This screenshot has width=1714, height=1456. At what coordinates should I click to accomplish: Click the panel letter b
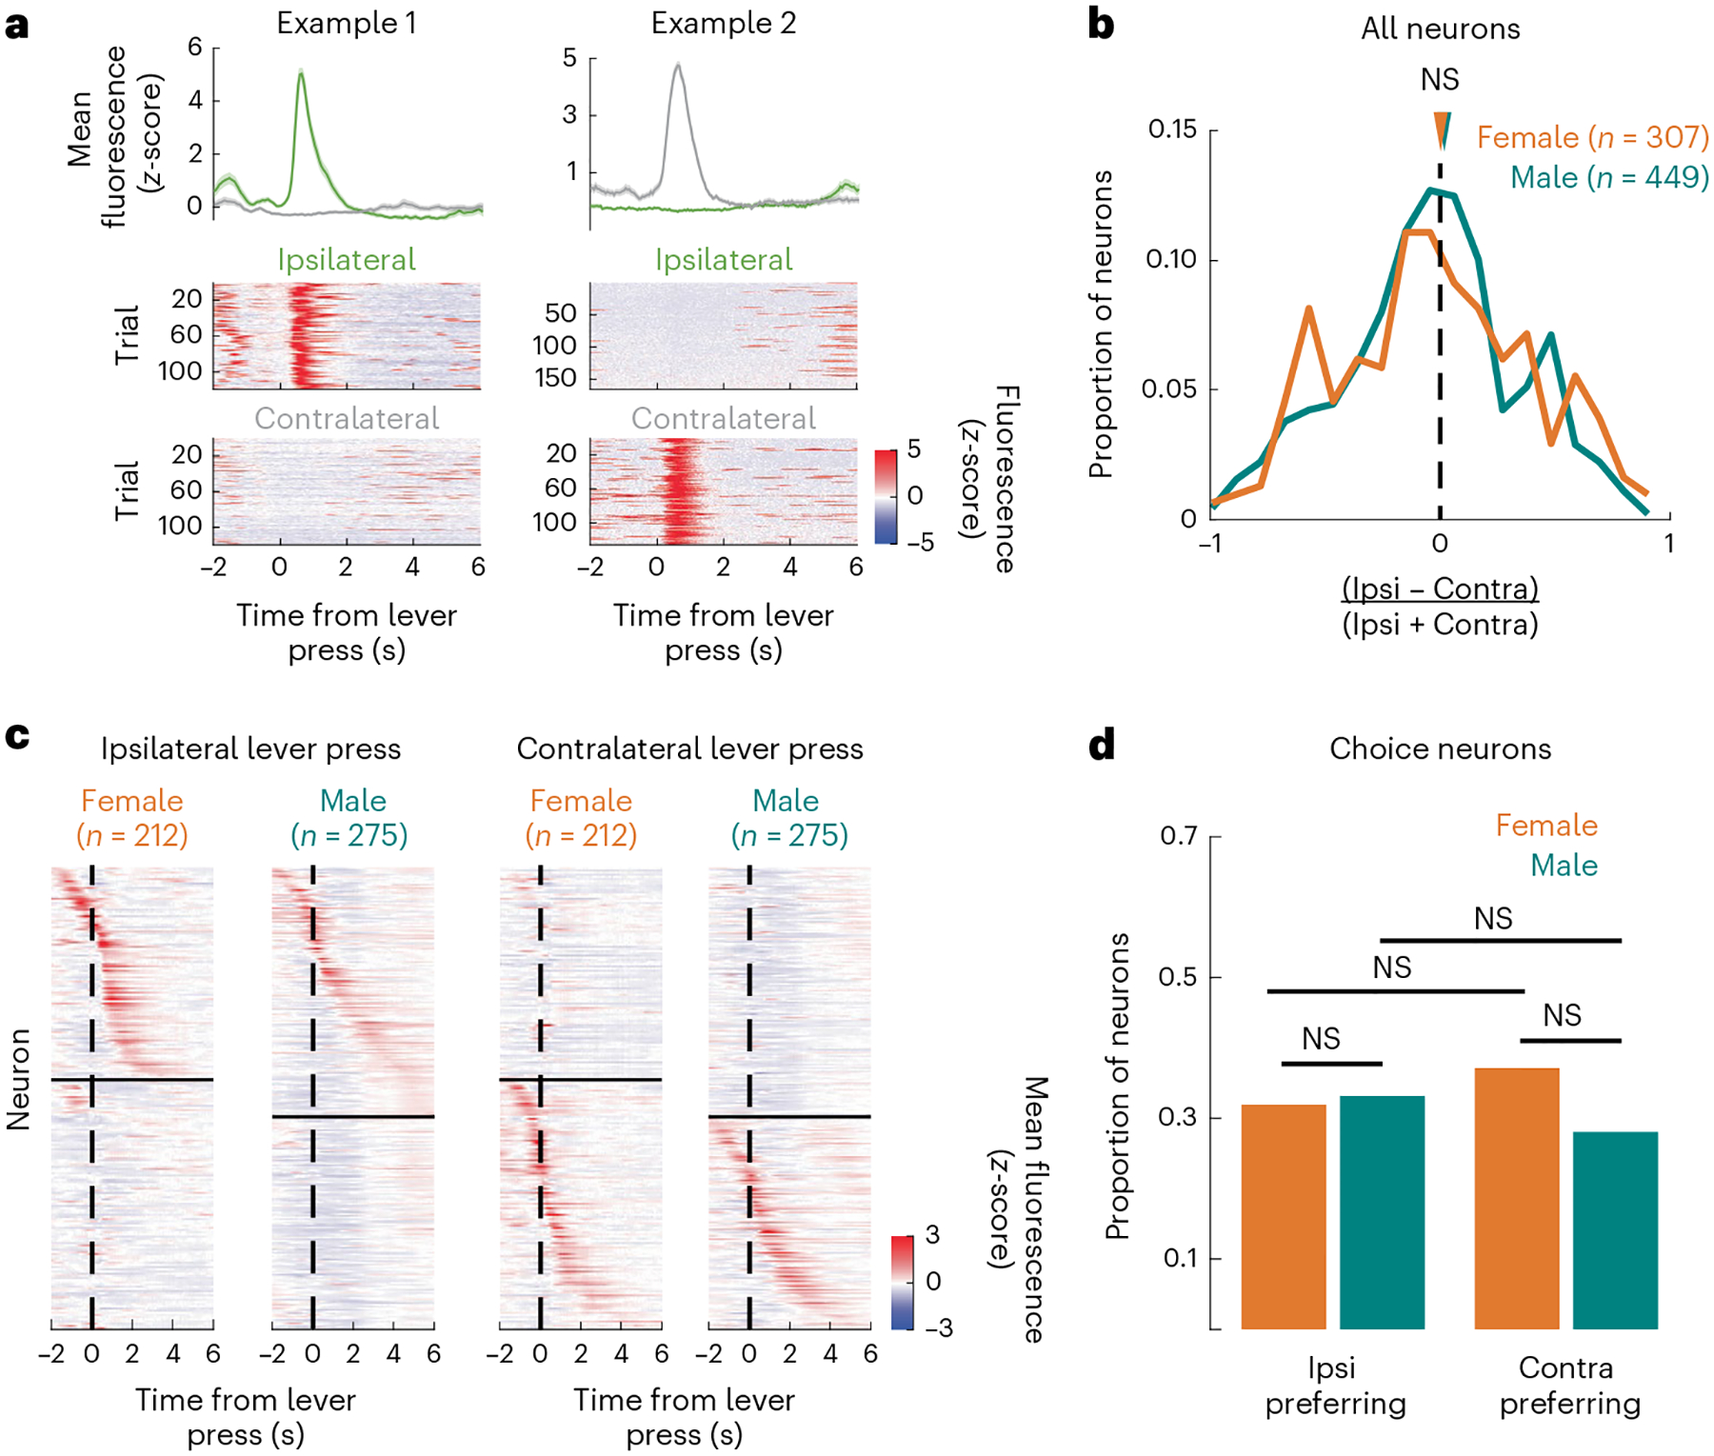click(x=1101, y=25)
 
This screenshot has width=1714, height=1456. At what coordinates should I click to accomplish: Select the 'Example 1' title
click(x=346, y=23)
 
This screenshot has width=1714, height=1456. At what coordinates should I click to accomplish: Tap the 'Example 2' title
click(x=723, y=23)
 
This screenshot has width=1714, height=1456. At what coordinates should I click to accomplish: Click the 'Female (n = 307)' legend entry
click(x=1592, y=137)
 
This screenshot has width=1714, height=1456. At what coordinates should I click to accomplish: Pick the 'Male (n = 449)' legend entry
click(x=1609, y=177)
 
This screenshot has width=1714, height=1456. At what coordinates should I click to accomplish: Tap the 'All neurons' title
click(x=1440, y=29)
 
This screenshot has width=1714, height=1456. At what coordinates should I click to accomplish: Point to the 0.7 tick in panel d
click(x=1178, y=835)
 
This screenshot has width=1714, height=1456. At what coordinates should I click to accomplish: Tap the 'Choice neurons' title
click(x=1440, y=748)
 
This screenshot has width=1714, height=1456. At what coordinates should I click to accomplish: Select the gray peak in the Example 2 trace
click(x=678, y=67)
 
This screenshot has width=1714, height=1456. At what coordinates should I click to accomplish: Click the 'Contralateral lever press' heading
click(x=689, y=748)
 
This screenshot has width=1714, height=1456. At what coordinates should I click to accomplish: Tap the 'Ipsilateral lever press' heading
click(x=250, y=748)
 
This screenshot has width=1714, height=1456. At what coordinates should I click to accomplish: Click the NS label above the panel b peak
click(x=1440, y=79)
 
